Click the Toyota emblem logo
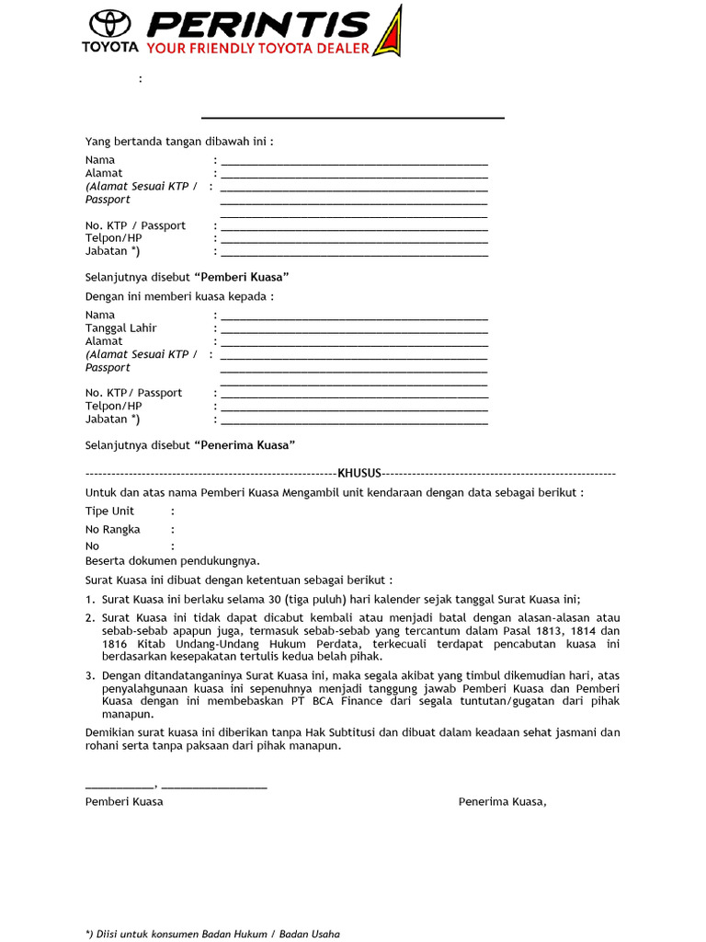coord(109,24)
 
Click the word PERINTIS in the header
coord(259,24)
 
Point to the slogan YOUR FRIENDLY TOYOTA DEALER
coord(258,48)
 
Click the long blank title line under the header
coord(353,118)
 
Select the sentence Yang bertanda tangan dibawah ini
coord(179,142)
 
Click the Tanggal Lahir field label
coord(121,328)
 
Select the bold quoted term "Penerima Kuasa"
coord(245,445)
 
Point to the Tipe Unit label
coord(109,511)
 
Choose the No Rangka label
coord(113,530)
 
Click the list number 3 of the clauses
coord(90,675)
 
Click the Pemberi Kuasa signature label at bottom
coord(124,802)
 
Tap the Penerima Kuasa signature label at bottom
coord(502,802)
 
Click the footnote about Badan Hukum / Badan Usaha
coord(212,934)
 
